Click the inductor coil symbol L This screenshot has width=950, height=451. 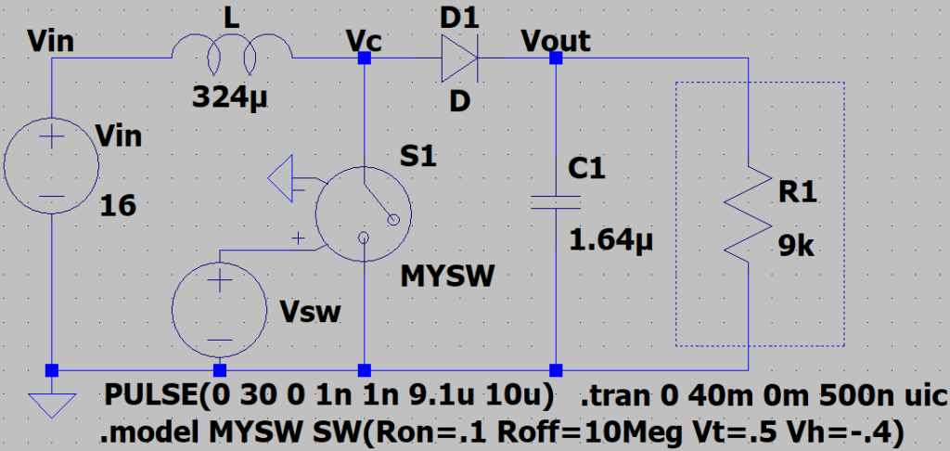click(232, 57)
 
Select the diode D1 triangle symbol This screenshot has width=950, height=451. click(458, 58)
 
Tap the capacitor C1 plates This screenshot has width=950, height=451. click(556, 202)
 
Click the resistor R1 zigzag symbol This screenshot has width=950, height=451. click(748, 214)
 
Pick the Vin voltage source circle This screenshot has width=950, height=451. click(50, 167)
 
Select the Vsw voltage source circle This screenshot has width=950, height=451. click(219, 310)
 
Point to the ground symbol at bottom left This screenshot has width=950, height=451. click(50, 403)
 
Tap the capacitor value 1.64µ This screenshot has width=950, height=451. click(611, 242)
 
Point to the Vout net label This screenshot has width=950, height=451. click(555, 40)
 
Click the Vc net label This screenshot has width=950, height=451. click(363, 40)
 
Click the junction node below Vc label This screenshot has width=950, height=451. click(364, 58)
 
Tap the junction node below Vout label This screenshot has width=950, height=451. click(556, 58)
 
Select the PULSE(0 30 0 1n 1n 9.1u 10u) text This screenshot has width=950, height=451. click(329, 396)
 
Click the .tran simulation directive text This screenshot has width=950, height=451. click(762, 396)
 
